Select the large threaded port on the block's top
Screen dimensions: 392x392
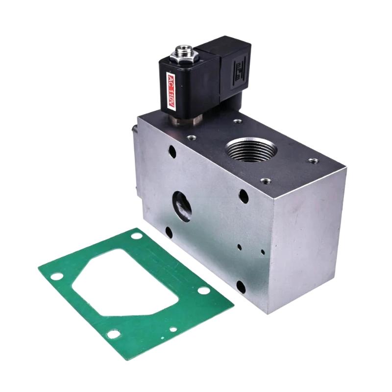point(251,150)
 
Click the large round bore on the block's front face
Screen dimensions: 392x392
point(182,206)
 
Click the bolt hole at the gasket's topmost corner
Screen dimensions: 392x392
point(136,236)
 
